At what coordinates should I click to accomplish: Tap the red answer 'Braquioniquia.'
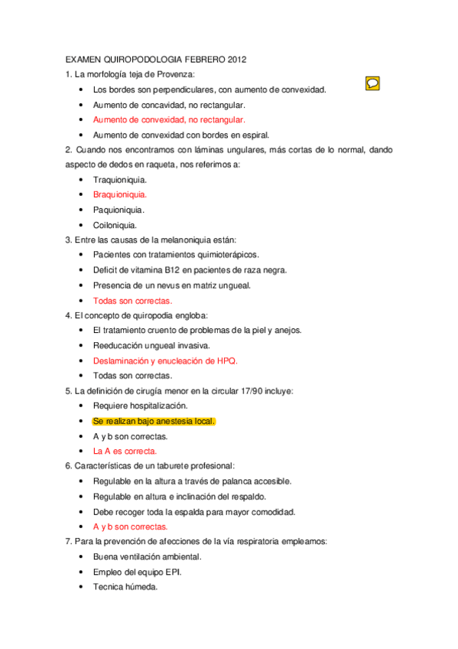tap(120, 194)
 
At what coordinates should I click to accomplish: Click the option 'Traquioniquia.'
tap(120, 179)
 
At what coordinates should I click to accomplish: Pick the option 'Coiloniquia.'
tap(115, 225)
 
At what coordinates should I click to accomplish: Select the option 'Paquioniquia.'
tap(119, 210)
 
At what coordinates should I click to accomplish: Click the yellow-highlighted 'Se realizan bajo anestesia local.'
tap(154, 421)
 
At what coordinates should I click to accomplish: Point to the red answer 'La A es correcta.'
tap(125, 452)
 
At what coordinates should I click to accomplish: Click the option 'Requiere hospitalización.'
tap(140, 406)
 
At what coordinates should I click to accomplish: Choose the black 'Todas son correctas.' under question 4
tap(132, 376)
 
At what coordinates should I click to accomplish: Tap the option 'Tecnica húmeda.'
tap(125, 587)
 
